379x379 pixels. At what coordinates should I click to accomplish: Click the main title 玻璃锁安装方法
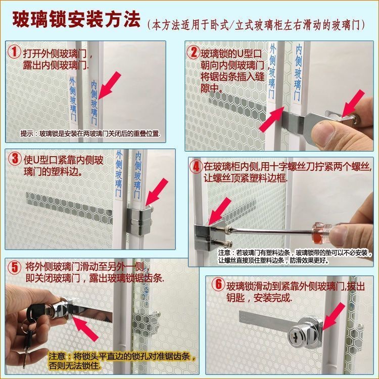76,20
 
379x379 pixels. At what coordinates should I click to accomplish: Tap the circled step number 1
15,52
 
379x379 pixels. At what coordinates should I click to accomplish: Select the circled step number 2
194,52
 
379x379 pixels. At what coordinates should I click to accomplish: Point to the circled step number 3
15,159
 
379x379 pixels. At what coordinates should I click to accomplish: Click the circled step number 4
196,166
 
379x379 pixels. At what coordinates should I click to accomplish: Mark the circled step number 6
218,284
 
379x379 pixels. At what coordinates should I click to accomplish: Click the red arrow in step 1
109,85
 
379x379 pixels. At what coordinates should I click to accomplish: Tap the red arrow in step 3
156,192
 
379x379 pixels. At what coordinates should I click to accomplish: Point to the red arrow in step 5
85,329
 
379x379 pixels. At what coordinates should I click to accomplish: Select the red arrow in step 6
334,317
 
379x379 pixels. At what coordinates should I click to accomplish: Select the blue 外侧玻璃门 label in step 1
73,99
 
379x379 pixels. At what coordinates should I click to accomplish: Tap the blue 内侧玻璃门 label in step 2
298,73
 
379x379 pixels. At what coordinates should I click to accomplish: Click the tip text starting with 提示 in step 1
90,133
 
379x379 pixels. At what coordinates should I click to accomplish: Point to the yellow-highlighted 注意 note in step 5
122,361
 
